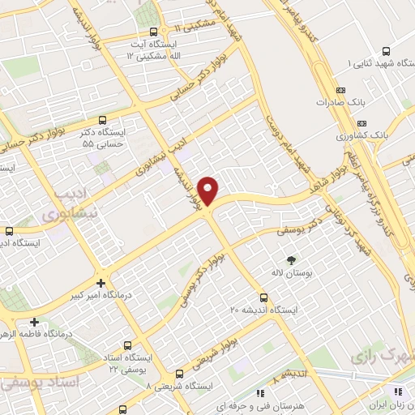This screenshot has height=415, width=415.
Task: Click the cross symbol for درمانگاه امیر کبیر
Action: click(100, 283)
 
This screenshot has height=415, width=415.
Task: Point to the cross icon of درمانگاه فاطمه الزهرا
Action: click(33, 321)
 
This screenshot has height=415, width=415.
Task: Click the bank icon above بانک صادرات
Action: click(340, 90)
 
